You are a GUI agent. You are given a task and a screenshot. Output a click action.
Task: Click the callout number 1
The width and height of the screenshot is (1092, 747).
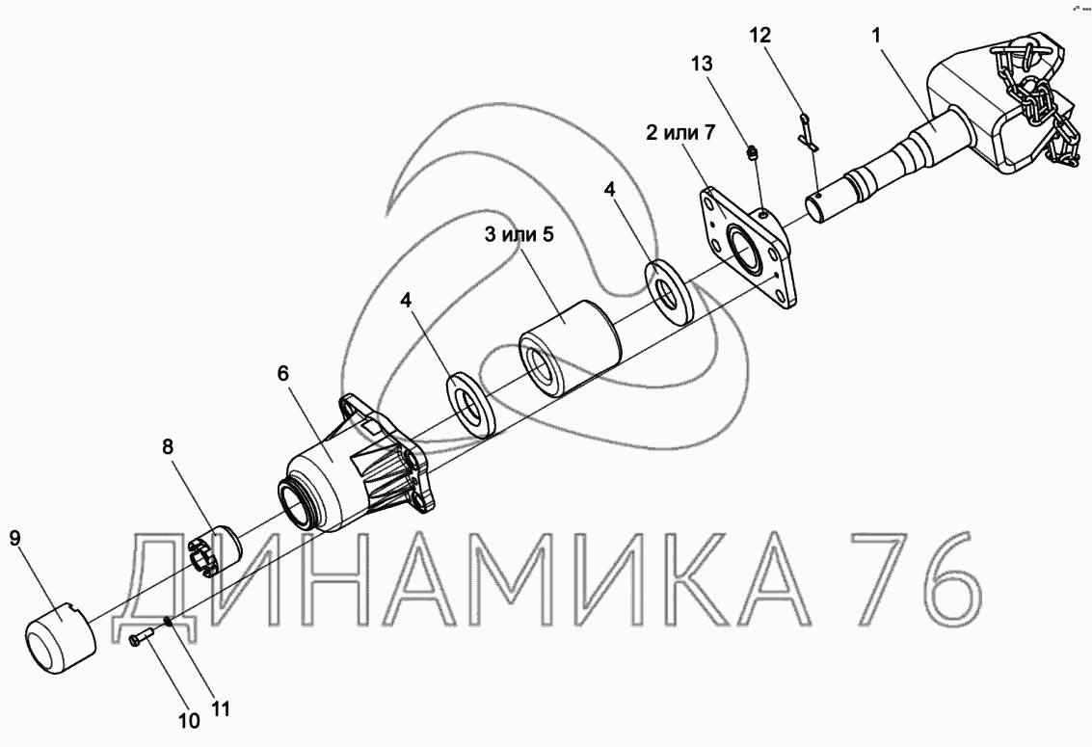(877, 36)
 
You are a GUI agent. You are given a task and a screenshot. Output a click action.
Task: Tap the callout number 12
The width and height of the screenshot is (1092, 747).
(760, 36)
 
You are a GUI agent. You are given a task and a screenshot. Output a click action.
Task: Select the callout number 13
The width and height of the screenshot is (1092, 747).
(702, 64)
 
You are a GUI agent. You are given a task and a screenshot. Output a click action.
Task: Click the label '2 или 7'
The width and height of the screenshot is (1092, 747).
(679, 132)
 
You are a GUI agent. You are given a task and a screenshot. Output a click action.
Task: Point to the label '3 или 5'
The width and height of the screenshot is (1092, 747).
(519, 234)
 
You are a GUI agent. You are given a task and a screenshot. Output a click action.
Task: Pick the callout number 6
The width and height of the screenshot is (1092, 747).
(282, 373)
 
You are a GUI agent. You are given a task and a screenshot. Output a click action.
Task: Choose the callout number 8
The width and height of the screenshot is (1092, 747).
(167, 446)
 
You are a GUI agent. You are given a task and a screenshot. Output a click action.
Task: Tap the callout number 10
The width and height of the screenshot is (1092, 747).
(189, 721)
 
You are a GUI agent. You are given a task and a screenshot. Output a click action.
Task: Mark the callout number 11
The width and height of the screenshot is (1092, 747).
(220, 708)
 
